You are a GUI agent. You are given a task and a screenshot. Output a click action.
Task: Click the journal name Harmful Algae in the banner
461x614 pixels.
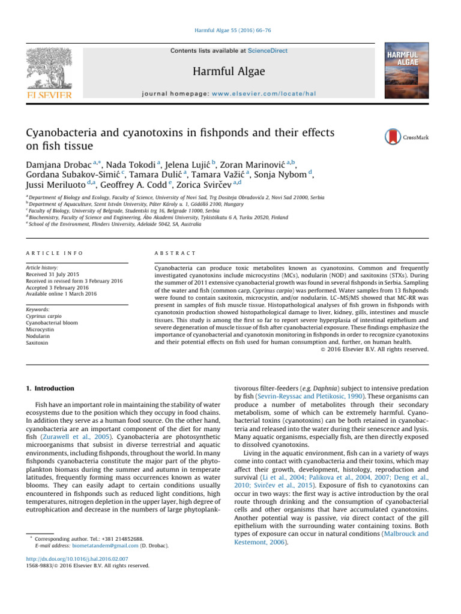(230, 72)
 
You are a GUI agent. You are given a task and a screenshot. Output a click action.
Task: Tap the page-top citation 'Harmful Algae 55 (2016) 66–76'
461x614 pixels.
(230, 31)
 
